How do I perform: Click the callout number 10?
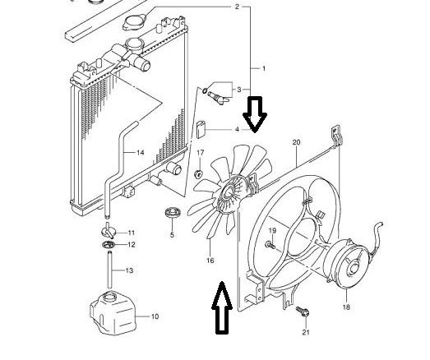pyautogui.click(x=155, y=316)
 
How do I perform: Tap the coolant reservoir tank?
pyautogui.click(x=113, y=313)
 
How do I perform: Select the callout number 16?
pyautogui.click(x=210, y=261)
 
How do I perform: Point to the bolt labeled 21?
pyautogui.click(x=303, y=312)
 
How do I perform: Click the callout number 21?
pyautogui.click(x=306, y=332)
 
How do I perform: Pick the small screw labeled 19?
pyautogui.click(x=270, y=244)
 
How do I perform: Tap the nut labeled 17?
pyautogui.click(x=198, y=173)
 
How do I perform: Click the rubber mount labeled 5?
pyautogui.click(x=173, y=213)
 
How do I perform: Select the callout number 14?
pyautogui.click(x=140, y=152)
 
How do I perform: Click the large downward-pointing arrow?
pyautogui.click(x=255, y=114)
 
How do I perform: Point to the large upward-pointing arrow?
pyautogui.click(x=222, y=308)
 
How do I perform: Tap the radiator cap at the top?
pyautogui.click(x=135, y=23)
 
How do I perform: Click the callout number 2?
pyautogui.click(x=237, y=7)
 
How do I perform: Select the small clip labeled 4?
pyautogui.click(x=201, y=129)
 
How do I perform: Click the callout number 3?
pyautogui.click(x=239, y=90)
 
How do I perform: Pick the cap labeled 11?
pyautogui.click(x=109, y=231)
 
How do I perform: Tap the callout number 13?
pyautogui.click(x=129, y=270)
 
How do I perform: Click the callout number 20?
pyautogui.click(x=297, y=142)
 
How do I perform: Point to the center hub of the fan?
pyautogui.click(x=229, y=193)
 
